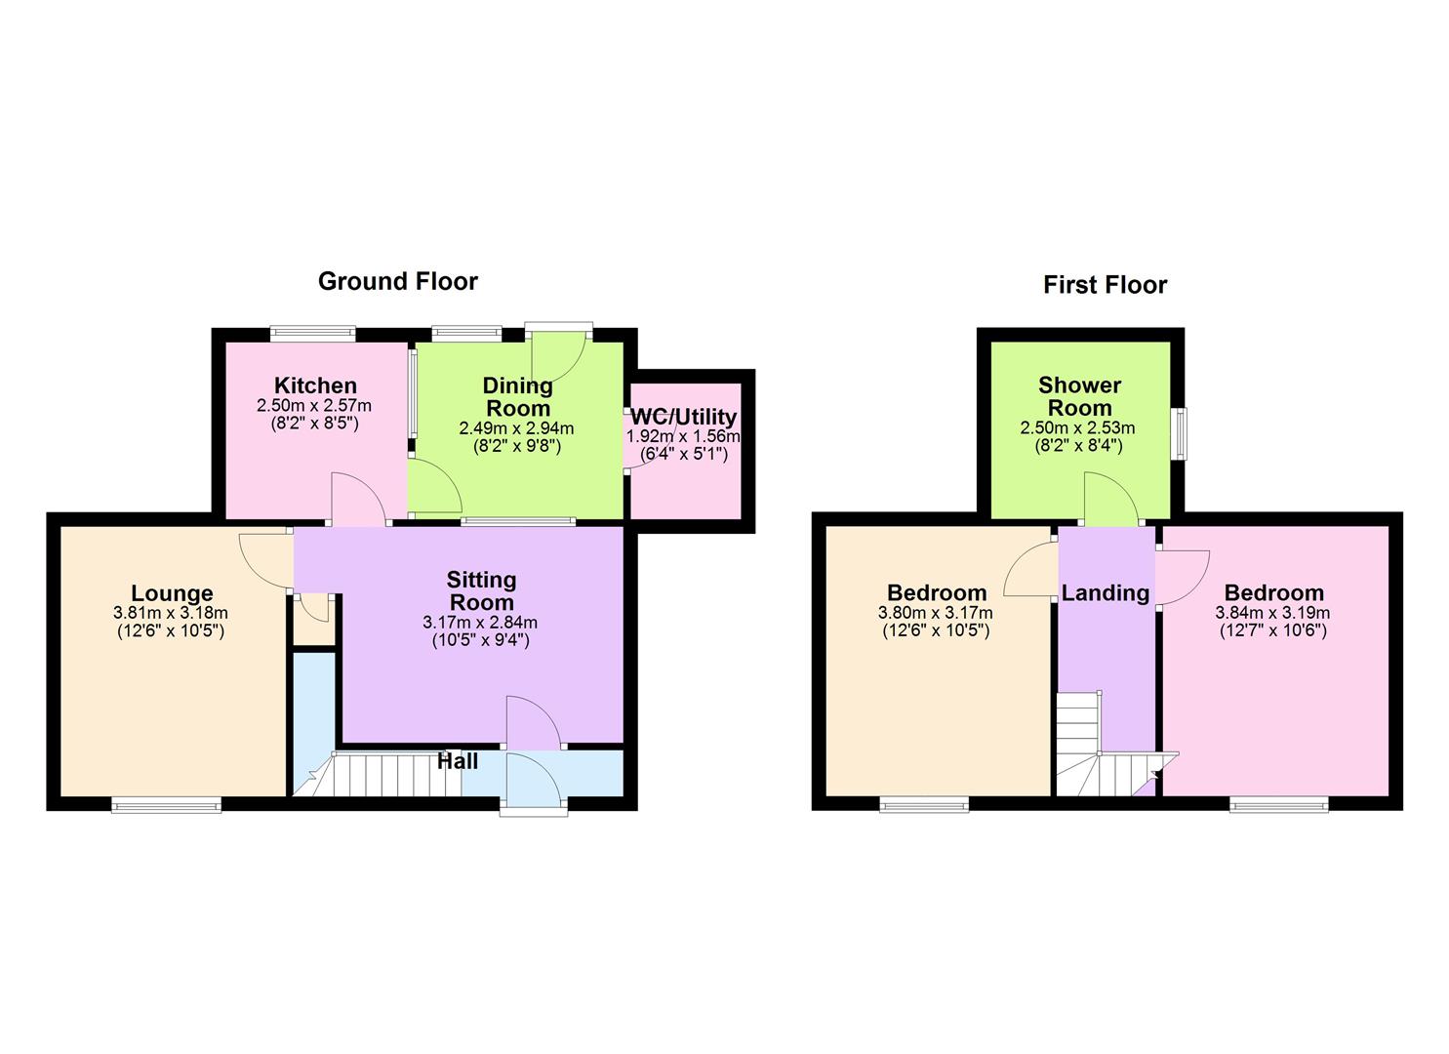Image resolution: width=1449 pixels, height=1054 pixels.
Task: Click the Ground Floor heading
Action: tap(397, 281)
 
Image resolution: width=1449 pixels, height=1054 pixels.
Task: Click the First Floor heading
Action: tap(1105, 285)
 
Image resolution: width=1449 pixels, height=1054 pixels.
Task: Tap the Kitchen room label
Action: tap(314, 385)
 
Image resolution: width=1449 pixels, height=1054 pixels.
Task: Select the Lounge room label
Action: tap(172, 593)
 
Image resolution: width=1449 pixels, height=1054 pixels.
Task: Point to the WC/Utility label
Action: tap(683, 418)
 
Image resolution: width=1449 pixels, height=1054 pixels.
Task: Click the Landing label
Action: tap(1106, 592)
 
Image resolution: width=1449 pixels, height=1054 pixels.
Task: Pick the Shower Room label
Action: tap(1079, 396)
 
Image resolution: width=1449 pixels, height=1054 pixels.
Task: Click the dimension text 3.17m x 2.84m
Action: tap(480, 623)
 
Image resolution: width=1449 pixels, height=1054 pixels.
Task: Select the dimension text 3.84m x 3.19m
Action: tap(1272, 613)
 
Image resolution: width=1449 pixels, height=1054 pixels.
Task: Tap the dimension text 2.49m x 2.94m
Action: tap(516, 428)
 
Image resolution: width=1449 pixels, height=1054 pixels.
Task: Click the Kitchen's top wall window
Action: tap(312, 333)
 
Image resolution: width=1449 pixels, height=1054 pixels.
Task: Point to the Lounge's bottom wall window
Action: tap(166, 804)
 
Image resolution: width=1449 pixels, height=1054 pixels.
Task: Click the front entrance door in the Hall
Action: tap(533, 782)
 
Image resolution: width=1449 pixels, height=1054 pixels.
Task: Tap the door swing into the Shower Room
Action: tap(1109, 498)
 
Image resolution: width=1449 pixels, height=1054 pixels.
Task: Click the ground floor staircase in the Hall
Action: tap(390, 775)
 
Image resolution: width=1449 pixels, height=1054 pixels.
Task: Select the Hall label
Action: tap(457, 761)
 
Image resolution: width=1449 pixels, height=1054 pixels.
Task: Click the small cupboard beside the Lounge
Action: tap(312, 625)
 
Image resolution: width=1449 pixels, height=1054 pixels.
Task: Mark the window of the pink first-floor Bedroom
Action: tap(1278, 804)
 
